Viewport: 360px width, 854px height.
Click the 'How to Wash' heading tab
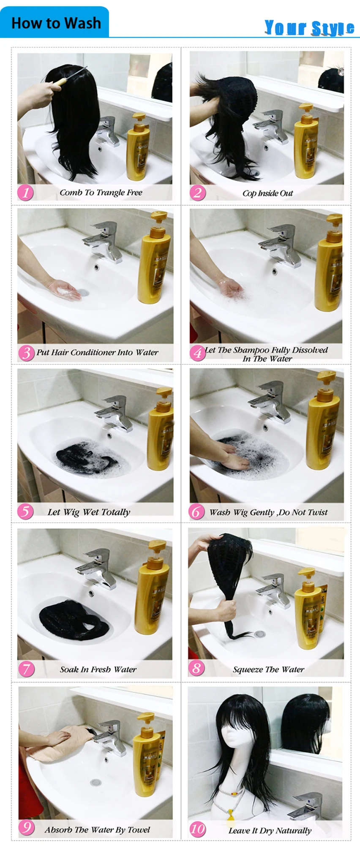(x=56, y=23)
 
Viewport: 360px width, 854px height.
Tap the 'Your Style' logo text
(x=309, y=27)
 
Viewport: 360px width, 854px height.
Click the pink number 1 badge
(x=25, y=193)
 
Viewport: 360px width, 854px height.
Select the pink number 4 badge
(x=197, y=352)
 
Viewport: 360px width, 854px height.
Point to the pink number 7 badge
(x=26, y=669)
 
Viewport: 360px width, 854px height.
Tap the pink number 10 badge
(x=197, y=829)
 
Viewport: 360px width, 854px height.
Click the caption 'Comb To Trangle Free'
(x=101, y=193)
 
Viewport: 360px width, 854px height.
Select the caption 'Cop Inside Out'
(x=267, y=193)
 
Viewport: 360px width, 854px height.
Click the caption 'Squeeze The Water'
(x=268, y=669)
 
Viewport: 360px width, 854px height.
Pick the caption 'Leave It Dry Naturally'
(x=270, y=830)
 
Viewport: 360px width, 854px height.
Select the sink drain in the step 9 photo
(x=95, y=782)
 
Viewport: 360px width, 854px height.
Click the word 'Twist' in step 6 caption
(x=317, y=512)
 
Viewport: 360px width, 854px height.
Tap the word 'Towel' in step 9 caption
(x=139, y=830)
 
